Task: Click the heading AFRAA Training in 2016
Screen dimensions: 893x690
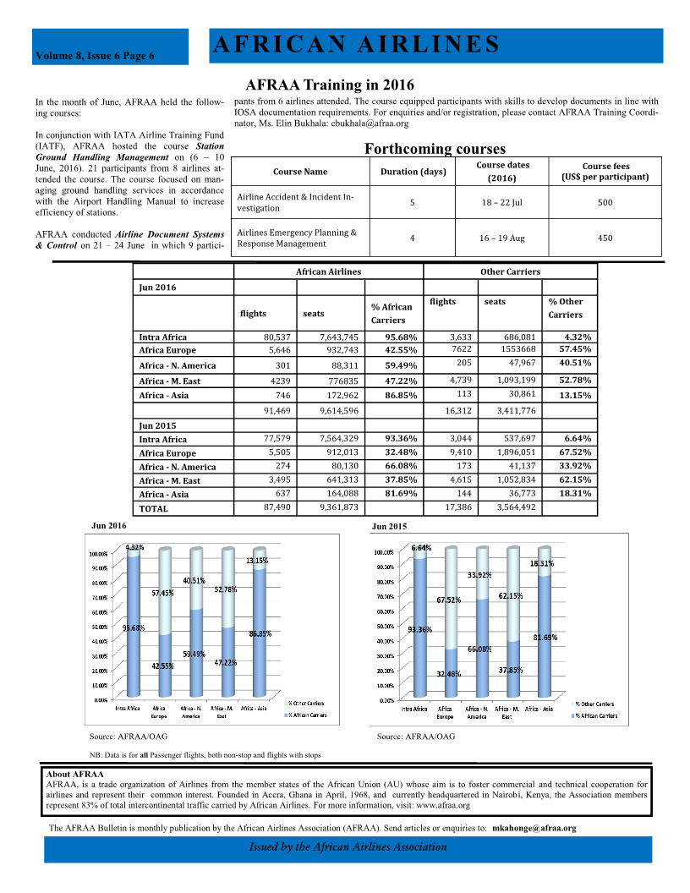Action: [329, 85]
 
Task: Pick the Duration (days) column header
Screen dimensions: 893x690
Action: [412, 172]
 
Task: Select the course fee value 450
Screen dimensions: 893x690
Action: [605, 238]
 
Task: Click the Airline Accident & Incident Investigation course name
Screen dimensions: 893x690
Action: [295, 202]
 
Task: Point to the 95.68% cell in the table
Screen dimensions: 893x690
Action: [398, 337]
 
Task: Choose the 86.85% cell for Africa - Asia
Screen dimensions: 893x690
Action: [398, 395]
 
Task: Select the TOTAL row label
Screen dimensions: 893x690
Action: [153, 509]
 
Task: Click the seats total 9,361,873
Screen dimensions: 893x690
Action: [339, 507]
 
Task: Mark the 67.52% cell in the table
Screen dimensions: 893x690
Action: [572, 452]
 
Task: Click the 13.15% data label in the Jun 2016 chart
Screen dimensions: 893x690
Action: [257, 560]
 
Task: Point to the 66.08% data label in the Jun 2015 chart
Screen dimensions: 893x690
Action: [480, 649]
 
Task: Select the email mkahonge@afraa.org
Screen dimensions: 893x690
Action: [534, 828]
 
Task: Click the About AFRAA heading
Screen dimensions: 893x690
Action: [75, 774]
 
